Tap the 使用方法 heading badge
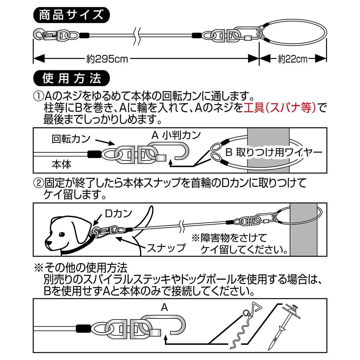pos(71,78)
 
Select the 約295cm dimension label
pos(107,59)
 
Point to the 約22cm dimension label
pos(293,59)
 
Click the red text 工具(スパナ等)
pos(280,108)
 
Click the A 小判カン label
pos(176,135)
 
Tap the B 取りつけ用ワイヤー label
pos(274,152)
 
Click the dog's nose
pos(48,244)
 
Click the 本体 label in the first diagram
pos(61,164)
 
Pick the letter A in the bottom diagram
pos(164,308)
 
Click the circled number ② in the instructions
pos(39,182)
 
